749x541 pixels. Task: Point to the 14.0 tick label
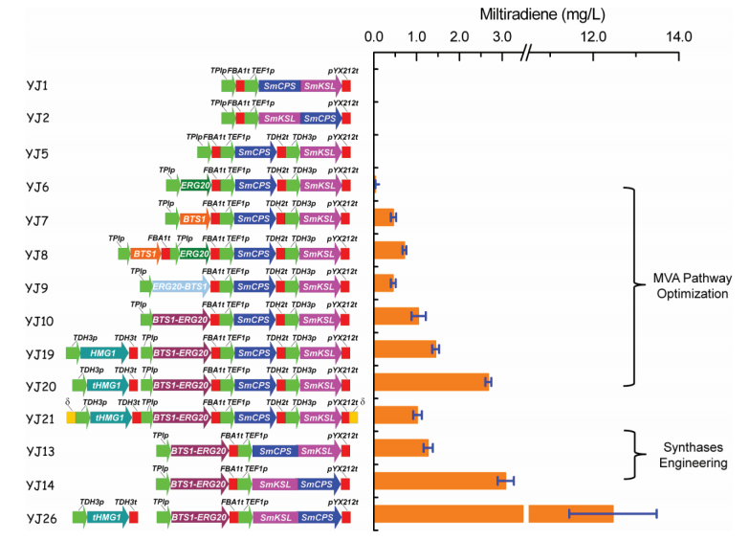678,37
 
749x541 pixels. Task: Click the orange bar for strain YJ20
431,382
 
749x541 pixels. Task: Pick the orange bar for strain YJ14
439,481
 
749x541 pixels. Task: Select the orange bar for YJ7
384,217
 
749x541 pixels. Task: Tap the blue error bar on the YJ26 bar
612,514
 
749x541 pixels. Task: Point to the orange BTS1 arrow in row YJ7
193,219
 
